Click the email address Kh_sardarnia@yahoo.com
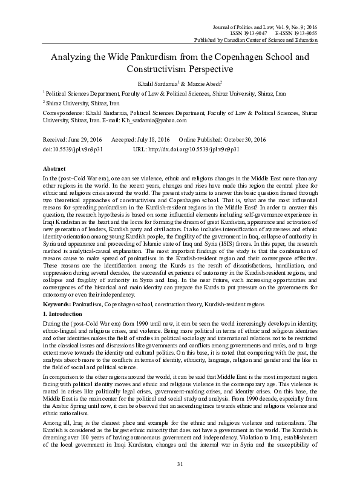point(187,120)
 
